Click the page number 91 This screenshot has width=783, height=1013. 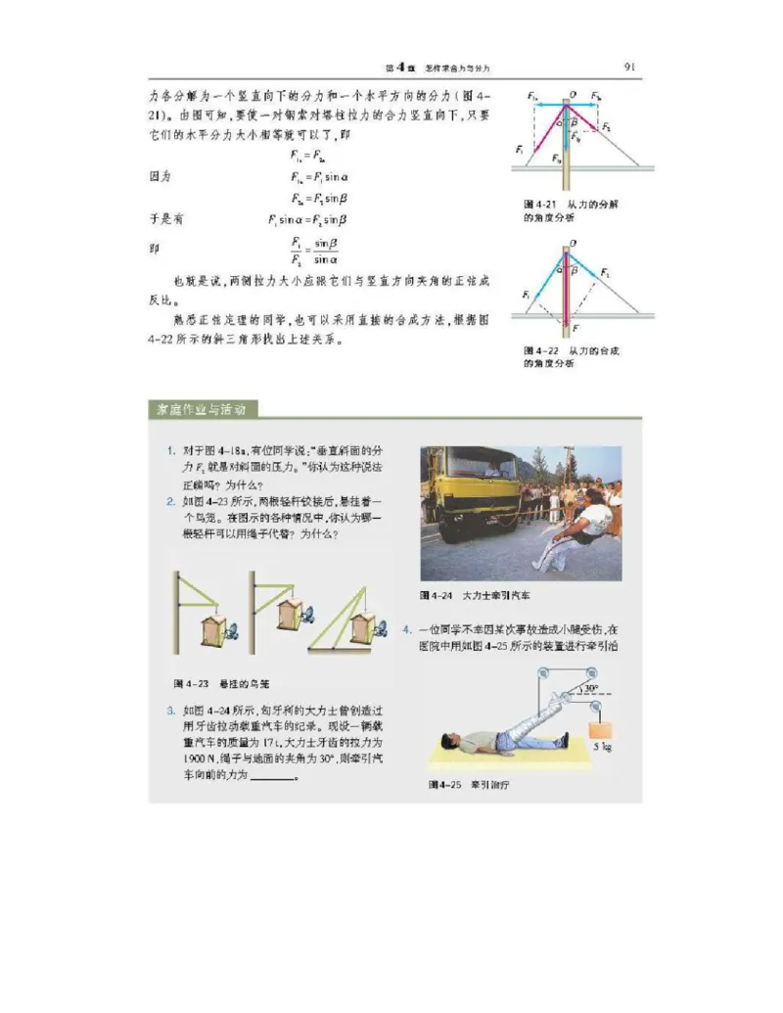pos(629,67)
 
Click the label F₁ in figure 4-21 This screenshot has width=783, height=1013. pos(520,149)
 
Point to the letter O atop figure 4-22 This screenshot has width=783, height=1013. pos(572,242)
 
